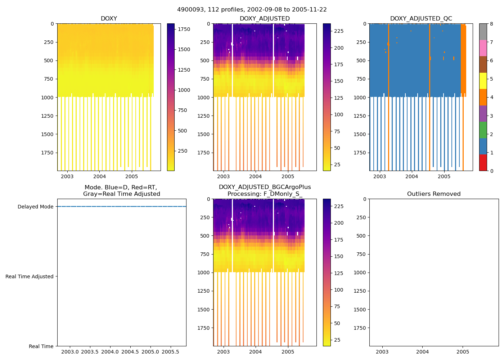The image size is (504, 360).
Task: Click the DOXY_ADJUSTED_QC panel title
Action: coord(421,19)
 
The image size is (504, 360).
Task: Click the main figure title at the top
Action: coord(252,10)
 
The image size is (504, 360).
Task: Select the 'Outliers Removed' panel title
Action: coord(433,194)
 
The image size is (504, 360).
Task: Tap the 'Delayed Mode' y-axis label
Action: coord(35,207)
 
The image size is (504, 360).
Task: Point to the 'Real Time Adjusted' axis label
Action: coord(29,276)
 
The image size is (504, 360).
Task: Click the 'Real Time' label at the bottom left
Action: coord(41,346)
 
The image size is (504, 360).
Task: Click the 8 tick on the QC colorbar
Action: coord(491,24)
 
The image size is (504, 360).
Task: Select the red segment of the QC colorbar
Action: coord(483,162)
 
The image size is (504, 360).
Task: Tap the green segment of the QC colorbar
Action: coord(483,130)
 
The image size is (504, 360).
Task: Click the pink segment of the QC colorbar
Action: coord(483,48)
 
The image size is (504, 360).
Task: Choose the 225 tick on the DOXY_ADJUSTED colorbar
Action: coord(338,31)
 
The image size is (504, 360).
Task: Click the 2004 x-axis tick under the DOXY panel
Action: coord(99,176)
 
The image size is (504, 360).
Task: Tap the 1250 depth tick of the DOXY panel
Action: coord(47,116)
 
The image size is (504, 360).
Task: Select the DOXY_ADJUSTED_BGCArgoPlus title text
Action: coord(265,187)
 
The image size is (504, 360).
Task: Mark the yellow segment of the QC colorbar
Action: coord(483,81)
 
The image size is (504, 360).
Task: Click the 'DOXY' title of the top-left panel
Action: coord(109,19)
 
